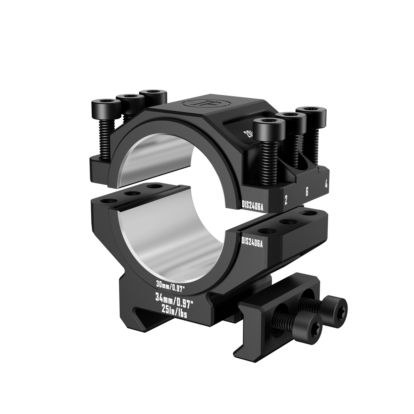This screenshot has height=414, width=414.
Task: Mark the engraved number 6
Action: (307, 192)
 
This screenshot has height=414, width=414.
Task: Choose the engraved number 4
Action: (326, 185)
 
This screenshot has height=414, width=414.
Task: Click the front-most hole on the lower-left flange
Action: (107, 201)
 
